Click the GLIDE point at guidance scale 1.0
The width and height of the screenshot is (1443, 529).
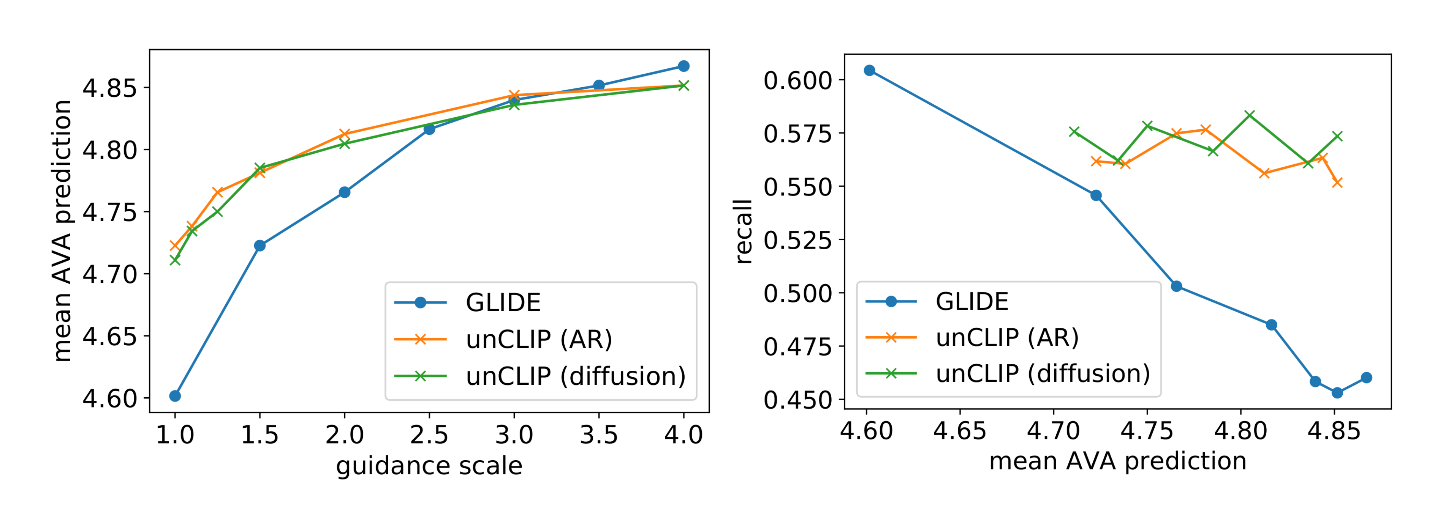coord(175,396)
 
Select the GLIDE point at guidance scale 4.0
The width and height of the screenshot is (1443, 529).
coord(684,66)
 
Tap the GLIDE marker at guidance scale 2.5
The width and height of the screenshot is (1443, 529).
coord(429,129)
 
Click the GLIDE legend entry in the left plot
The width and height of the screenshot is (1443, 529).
coord(503,303)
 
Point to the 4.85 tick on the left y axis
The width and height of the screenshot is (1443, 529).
coord(110,88)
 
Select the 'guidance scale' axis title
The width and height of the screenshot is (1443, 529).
coord(429,466)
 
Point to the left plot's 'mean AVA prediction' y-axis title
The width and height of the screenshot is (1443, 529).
coord(61,231)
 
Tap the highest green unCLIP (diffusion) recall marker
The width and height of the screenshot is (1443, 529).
coord(1249,115)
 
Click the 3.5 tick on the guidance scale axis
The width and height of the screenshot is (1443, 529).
coord(598,435)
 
